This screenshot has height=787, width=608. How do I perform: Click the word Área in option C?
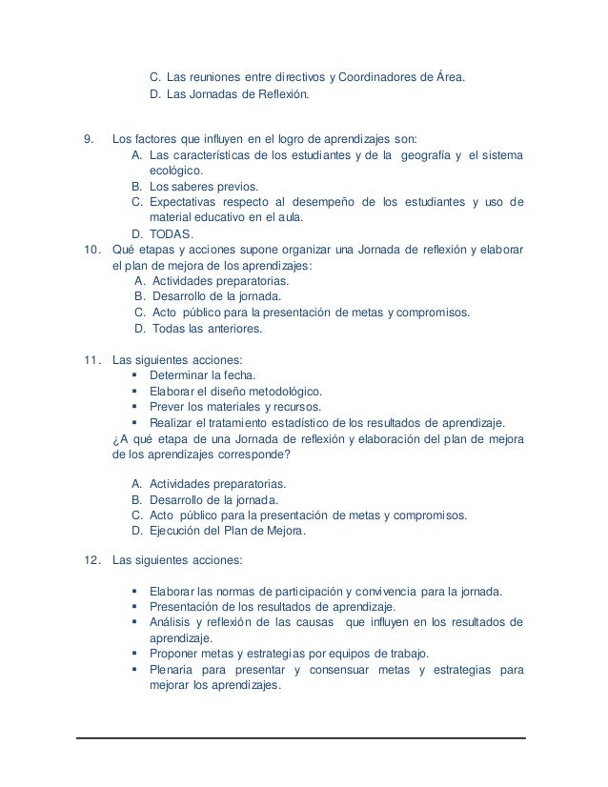click(445, 77)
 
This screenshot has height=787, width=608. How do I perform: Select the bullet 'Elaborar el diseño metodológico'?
click(236, 392)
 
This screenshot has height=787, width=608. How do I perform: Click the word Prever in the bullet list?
click(169, 407)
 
